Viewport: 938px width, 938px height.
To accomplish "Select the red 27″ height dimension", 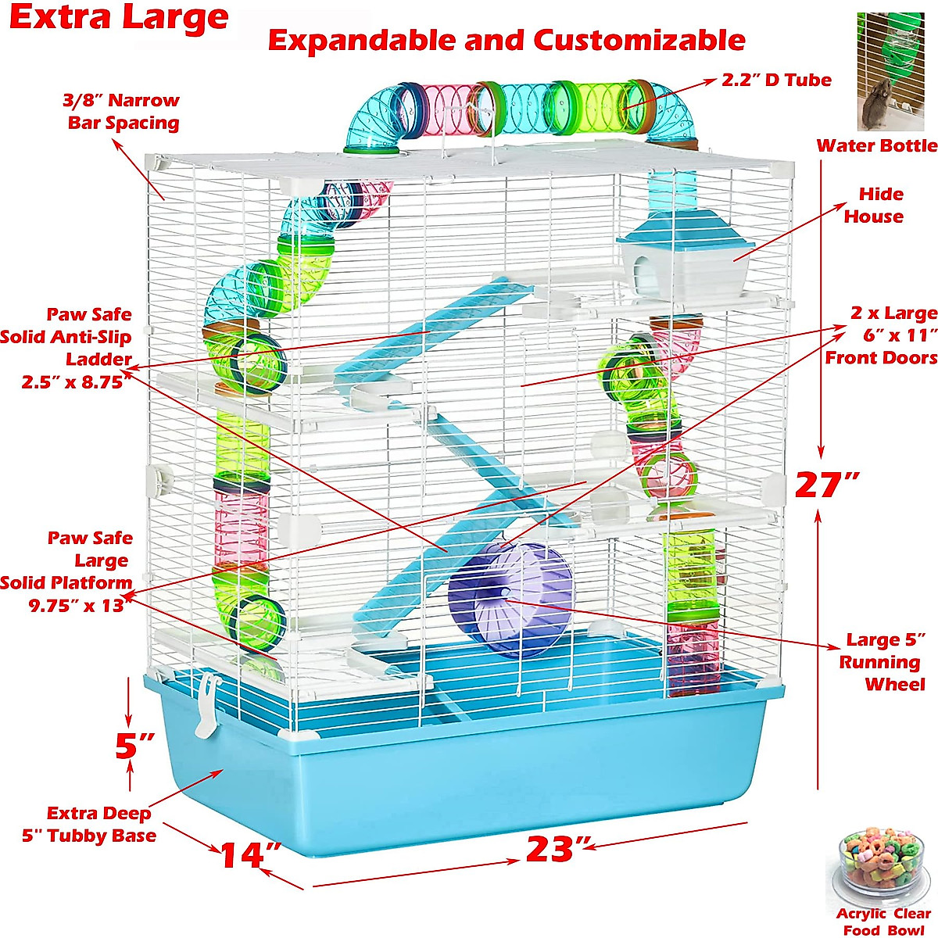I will pyautogui.click(x=827, y=485).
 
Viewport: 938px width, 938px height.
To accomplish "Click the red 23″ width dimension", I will pyautogui.click(x=551, y=849).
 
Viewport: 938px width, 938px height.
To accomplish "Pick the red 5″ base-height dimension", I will pyautogui.click(x=134, y=746).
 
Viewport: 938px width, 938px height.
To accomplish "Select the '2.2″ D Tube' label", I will pyautogui.click(x=776, y=80).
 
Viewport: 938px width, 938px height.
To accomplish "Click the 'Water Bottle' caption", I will pyautogui.click(x=876, y=145).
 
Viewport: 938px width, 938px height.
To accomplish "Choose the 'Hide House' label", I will pyautogui.click(x=873, y=205).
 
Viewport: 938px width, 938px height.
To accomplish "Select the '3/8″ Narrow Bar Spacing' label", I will pyautogui.click(x=122, y=111).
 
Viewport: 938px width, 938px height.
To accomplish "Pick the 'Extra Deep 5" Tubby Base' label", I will pyautogui.click(x=90, y=825).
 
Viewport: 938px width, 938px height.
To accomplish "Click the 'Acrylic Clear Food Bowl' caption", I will pyautogui.click(x=883, y=922).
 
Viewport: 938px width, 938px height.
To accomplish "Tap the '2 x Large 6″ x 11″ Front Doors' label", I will pyautogui.click(x=882, y=335).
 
